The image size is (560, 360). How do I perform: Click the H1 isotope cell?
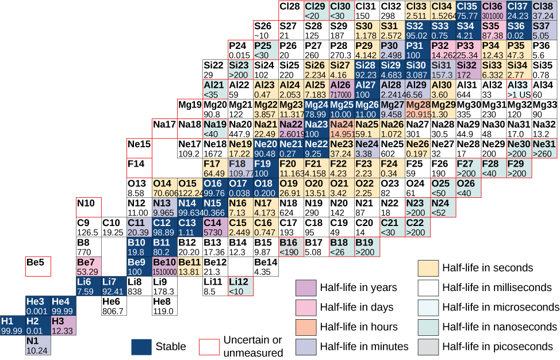13,325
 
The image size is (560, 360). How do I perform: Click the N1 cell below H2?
38,344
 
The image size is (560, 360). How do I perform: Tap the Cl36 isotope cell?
494,11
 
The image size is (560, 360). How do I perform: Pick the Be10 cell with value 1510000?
165,266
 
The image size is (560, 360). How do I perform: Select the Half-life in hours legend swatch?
305,327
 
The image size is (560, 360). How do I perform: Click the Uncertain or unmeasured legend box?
209,347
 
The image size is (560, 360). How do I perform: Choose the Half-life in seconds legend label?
487,267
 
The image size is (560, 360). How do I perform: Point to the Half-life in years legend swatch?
305,288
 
